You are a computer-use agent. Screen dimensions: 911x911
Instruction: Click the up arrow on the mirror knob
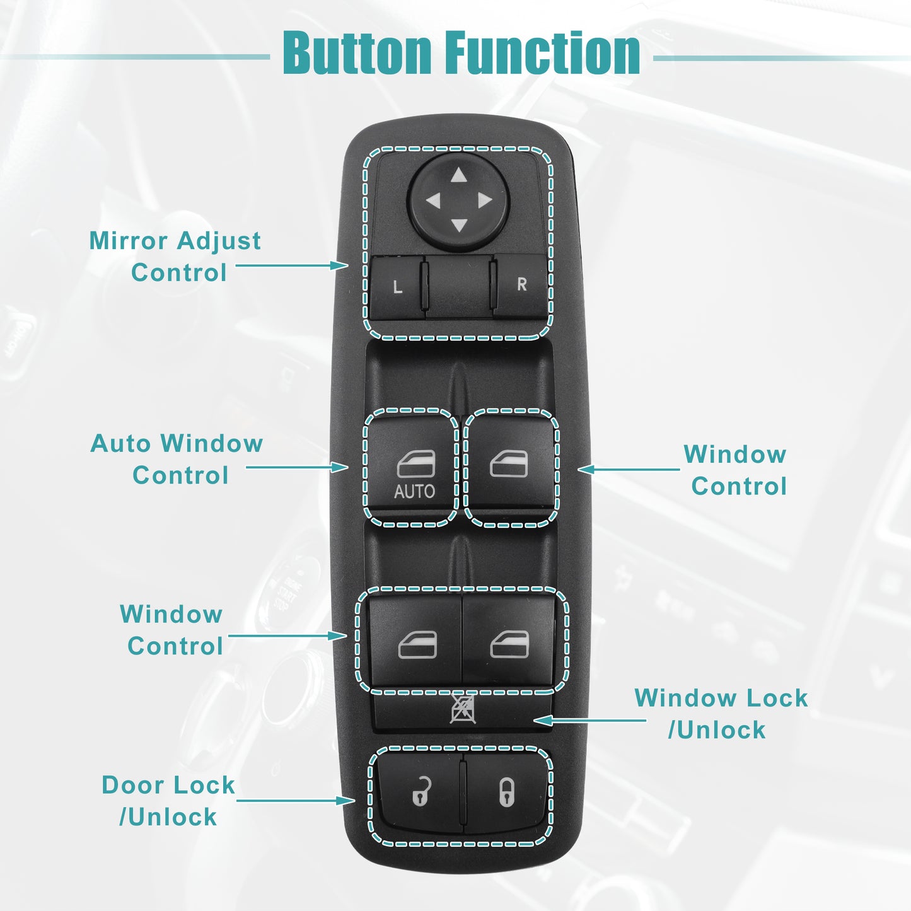pyautogui.click(x=458, y=175)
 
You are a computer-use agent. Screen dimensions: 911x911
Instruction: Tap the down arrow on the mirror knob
pyautogui.click(x=458, y=225)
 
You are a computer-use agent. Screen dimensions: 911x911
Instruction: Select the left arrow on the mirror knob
pyautogui.click(x=433, y=200)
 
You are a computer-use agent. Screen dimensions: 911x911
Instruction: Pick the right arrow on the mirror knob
pyautogui.click(x=485, y=200)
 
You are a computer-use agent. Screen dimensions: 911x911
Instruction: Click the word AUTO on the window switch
pyautogui.click(x=415, y=492)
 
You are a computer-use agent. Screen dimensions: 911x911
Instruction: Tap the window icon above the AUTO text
pyautogui.click(x=416, y=464)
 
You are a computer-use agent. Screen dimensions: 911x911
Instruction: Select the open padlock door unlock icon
pyautogui.click(x=422, y=791)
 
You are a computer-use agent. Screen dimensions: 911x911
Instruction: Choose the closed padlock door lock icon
pyautogui.click(x=507, y=793)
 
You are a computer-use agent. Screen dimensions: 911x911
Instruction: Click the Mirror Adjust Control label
pyautogui.click(x=175, y=257)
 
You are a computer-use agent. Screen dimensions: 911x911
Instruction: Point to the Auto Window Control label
pyautogui.click(x=177, y=460)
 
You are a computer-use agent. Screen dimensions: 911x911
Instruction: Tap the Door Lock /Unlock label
pyautogui.click(x=168, y=801)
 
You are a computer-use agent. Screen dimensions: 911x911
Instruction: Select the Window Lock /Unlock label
pyautogui.click(x=721, y=714)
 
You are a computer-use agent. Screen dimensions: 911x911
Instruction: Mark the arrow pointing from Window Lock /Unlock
pyautogui.click(x=590, y=721)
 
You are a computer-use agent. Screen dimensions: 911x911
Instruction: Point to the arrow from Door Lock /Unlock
pyautogui.click(x=296, y=801)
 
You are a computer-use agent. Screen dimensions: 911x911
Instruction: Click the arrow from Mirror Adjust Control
pyautogui.click(x=292, y=265)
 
